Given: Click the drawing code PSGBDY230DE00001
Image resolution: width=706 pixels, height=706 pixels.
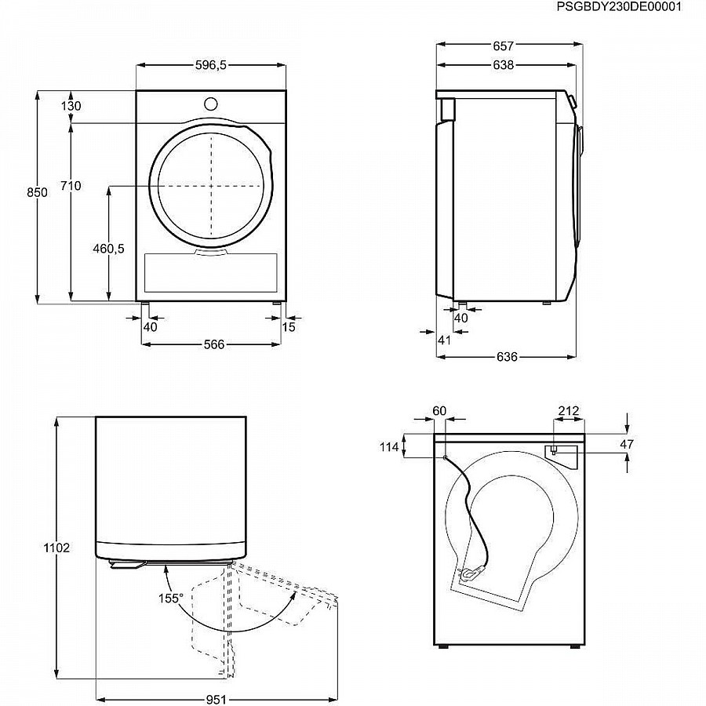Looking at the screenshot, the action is pos(619,7).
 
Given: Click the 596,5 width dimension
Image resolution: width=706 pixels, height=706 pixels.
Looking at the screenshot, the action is pos(211,65).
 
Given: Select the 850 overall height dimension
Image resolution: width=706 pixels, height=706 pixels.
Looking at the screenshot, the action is pos(37,192).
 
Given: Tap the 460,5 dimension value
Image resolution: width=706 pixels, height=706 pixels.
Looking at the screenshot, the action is pos(108,248).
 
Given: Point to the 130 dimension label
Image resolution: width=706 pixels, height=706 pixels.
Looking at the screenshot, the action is pos(71,106).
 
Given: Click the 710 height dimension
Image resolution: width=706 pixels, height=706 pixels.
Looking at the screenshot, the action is pos(71,185).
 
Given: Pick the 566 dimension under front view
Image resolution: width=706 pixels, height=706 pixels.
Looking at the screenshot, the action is pos(214,344).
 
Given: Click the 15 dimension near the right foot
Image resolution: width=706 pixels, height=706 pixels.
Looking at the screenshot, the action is pos(289,327).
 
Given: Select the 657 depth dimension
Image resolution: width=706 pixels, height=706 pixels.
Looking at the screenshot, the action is pos(503,46).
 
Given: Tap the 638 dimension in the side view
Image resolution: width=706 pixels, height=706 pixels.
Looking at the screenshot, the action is pos(503,65).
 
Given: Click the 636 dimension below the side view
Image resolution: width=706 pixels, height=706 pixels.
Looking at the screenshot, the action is pos(507,357).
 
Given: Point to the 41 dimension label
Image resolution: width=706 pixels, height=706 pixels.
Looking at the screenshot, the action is pos(445,340).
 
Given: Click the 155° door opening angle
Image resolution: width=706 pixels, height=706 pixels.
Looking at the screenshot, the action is pos(171,598).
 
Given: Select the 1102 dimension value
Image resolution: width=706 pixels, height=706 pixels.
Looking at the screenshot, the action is pos(56,548).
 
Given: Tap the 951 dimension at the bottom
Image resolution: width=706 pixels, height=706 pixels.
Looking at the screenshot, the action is pos(217,699).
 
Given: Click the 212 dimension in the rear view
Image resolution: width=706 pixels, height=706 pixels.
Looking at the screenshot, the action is pos(569,410).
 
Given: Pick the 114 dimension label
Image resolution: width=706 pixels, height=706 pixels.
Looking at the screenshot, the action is pos(389,446).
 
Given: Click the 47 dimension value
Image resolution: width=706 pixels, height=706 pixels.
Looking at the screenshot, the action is pos(628,445).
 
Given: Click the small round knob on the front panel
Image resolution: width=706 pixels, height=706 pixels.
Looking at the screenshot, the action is pos(211,104).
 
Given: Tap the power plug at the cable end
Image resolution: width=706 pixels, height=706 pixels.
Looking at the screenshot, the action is pos(471,573).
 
